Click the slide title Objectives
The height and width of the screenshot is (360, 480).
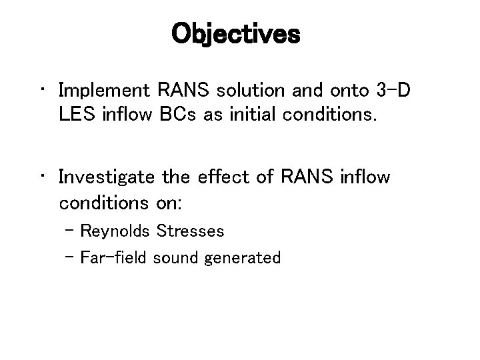[236, 34]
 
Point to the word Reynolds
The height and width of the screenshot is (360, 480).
[115, 231]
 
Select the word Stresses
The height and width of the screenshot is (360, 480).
[191, 231]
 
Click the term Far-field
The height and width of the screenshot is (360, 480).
[114, 257]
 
